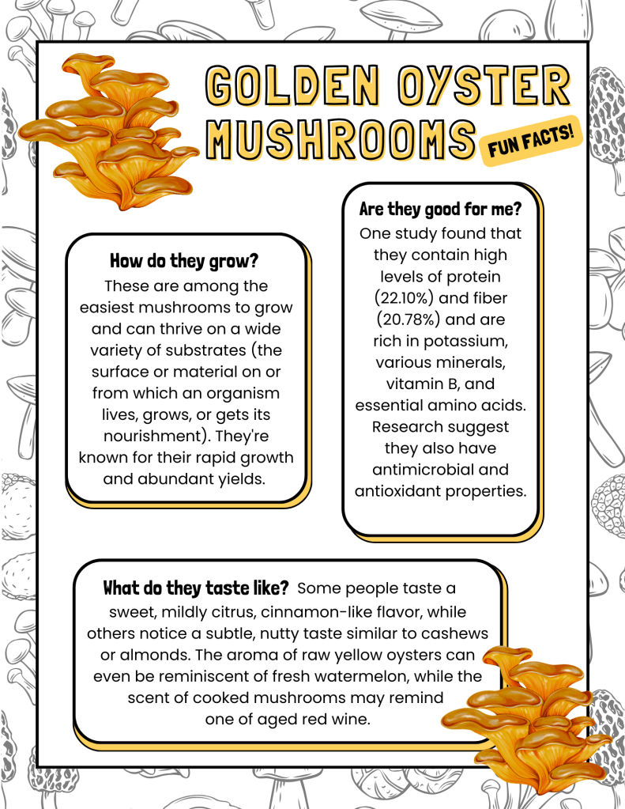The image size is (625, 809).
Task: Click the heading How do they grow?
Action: tap(184, 261)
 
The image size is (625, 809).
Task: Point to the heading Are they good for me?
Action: tap(440, 210)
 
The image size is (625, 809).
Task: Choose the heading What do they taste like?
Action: tap(195, 588)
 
